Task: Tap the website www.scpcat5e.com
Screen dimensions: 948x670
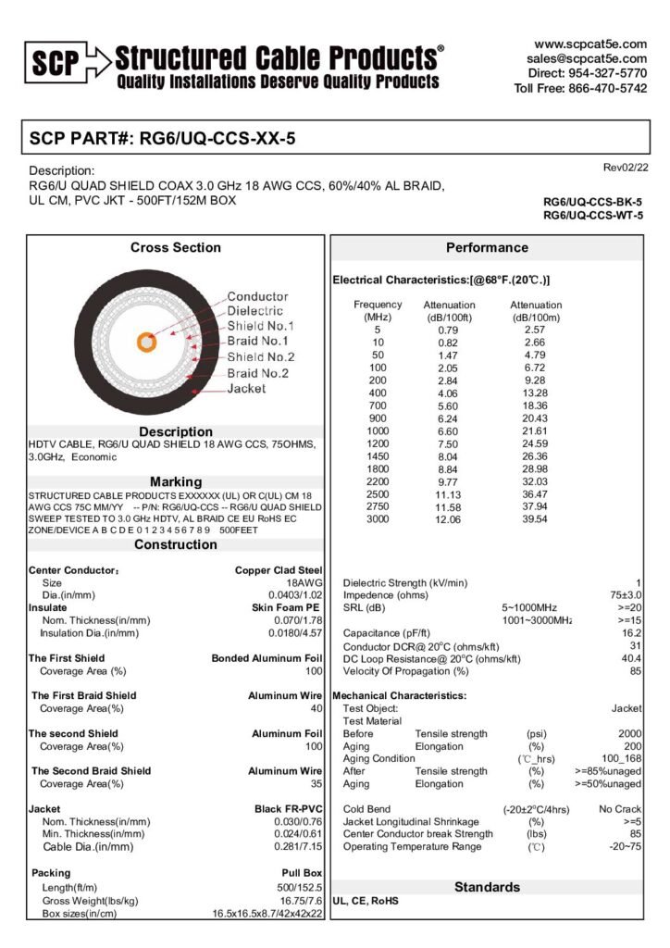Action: [x=589, y=44]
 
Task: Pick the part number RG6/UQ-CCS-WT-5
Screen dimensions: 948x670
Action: [x=592, y=216]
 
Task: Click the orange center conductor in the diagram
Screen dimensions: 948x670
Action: [x=145, y=342]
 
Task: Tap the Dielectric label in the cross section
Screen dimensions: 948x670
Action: [x=254, y=311]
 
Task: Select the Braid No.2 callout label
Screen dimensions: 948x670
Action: [x=258, y=373]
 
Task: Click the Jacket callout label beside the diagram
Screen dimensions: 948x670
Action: [x=246, y=389]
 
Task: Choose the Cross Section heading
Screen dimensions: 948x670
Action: [x=176, y=247]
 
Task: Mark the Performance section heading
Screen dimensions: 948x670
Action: [x=487, y=247]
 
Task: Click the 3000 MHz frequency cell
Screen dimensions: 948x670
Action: [x=378, y=518]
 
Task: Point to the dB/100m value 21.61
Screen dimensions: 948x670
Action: [x=535, y=431]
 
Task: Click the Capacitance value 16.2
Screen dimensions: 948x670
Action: [x=632, y=632]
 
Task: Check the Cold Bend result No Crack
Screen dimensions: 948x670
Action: [x=620, y=808]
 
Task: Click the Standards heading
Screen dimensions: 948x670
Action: [x=487, y=887]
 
